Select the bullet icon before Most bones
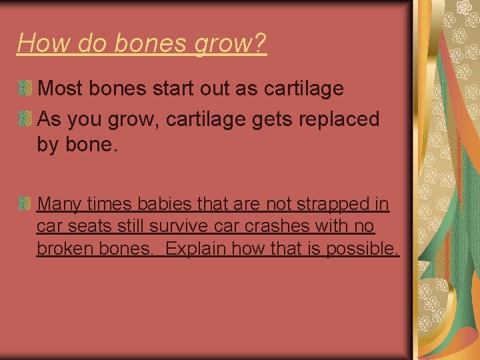click(25, 88)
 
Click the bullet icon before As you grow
click(25, 119)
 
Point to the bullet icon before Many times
click(25, 203)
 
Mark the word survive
click(176, 227)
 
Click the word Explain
click(198, 250)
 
